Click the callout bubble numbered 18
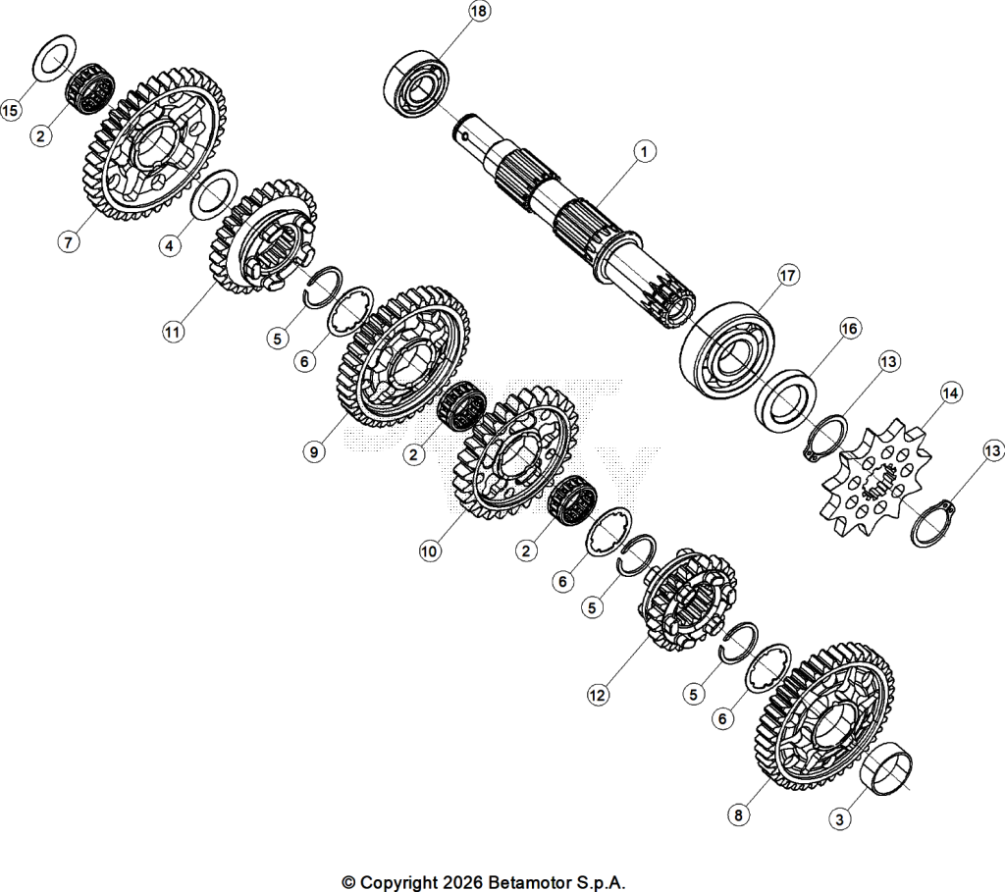pos(478,12)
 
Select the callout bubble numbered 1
pos(644,152)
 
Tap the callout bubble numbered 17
pos(788,276)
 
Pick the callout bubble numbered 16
pos(849,330)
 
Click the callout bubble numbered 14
pos(950,393)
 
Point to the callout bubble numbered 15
pos(10,110)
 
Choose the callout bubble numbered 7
pos(68,242)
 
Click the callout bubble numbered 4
pos(169,245)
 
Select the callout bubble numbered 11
pos(173,332)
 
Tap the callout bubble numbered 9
pos(313,451)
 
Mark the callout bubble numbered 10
pos(430,551)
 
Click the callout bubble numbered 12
pos(598,695)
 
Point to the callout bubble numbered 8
pos(738,815)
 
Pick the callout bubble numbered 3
pos(840,818)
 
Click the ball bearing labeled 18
pos(416,84)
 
